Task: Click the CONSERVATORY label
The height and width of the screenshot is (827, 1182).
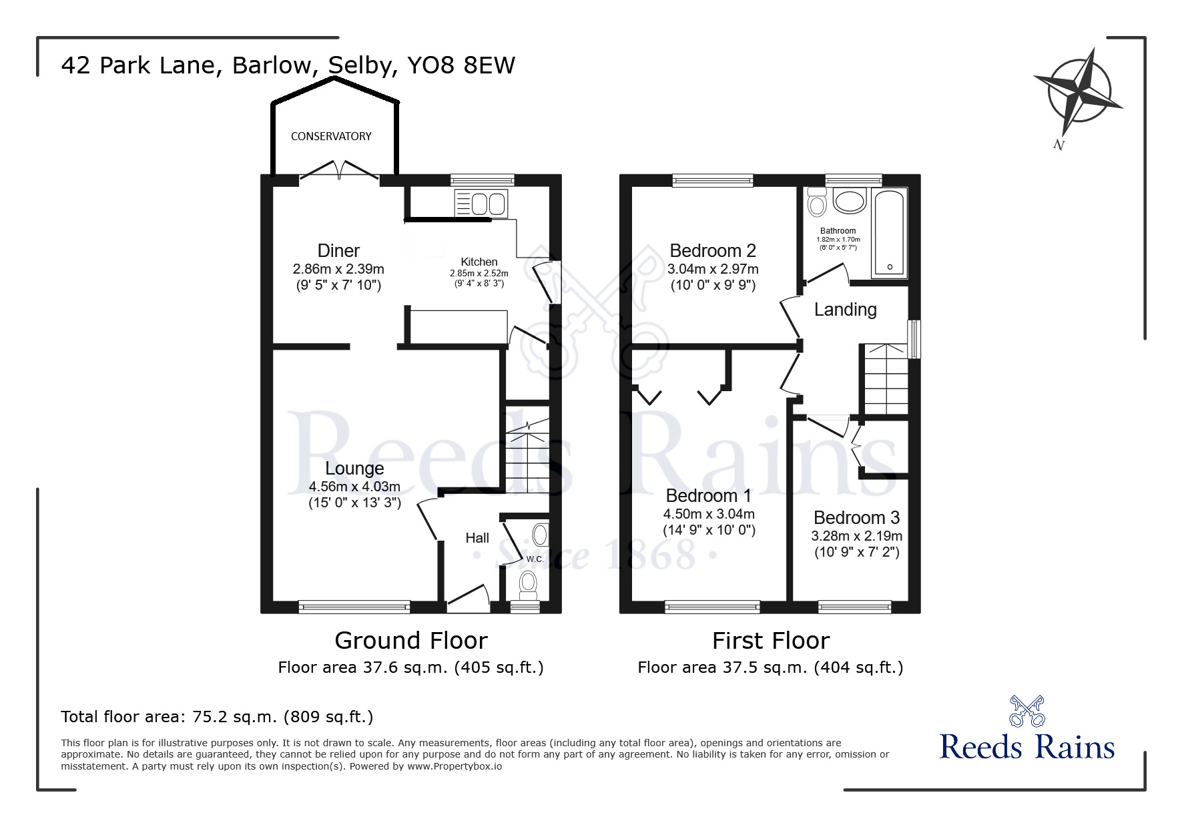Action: [331, 136]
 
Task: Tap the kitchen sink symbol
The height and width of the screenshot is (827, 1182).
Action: [481, 203]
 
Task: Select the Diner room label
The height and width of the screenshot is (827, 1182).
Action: [338, 251]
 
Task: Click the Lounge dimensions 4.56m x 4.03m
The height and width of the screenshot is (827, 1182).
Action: [354, 487]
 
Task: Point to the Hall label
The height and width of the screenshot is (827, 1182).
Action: [477, 538]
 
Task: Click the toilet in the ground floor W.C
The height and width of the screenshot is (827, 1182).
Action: [528, 583]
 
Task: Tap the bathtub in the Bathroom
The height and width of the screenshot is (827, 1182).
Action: [889, 233]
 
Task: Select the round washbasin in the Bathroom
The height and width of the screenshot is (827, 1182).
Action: [849, 201]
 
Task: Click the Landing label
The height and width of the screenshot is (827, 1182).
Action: [845, 310]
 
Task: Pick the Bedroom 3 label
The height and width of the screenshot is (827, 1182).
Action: [856, 518]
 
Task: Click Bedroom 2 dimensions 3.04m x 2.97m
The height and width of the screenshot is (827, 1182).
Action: [713, 270]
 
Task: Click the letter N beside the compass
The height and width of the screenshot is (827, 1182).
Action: [1058, 144]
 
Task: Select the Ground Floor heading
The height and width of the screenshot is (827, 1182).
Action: [410, 641]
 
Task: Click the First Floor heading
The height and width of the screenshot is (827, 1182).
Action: [770, 641]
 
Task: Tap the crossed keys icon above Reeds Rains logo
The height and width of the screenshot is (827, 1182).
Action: [1026, 710]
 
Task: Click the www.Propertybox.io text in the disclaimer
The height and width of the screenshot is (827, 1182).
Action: [455, 766]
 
